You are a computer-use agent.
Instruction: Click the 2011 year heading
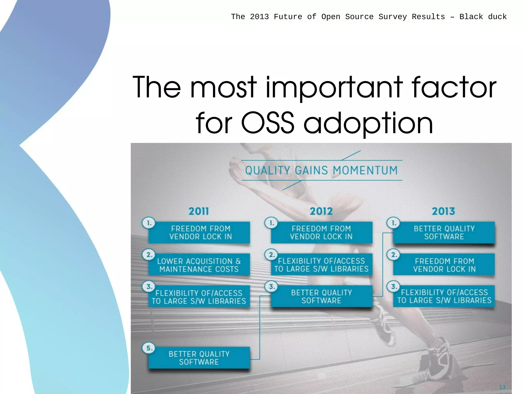point(199,211)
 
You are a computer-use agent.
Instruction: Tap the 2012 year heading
point(321,211)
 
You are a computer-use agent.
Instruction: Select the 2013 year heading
point(443,211)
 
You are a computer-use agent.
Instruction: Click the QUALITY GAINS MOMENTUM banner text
point(321,170)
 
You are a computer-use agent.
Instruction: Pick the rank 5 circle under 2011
point(149,348)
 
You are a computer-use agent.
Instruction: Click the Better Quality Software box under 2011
point(199,358)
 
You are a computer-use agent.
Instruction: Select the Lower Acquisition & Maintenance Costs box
point(199,265)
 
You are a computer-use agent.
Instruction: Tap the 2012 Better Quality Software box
point(321,296)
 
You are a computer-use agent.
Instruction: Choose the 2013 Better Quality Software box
point(444,233)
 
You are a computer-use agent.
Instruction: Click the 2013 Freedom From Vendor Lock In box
point(444,265)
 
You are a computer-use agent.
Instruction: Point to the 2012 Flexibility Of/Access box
point(321,265)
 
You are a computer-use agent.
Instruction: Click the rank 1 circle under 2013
point(393,223)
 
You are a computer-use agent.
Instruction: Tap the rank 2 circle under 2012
point(271,255)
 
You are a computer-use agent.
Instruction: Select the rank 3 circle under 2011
point(149,286)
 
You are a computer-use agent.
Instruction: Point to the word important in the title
point(334,87)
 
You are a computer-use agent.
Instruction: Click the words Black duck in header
point(483,17)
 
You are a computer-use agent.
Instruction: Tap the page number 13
point(502,387)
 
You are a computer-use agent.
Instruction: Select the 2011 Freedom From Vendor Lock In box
point(199,233)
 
